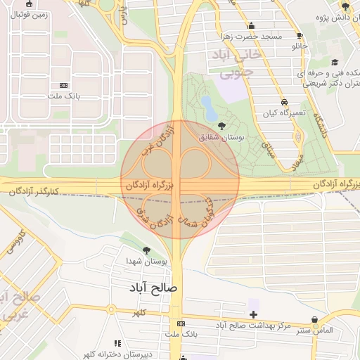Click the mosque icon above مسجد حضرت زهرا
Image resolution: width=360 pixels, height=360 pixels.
pyautogui.click(x=251, y=27)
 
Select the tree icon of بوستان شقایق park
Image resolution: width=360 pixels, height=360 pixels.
pyautogui.click(x=223, y=126)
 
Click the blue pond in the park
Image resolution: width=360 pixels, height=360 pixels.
pyautogui.click(x=209, y=108)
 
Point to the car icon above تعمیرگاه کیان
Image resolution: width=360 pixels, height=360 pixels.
pyautogui.click(x=284, y=101)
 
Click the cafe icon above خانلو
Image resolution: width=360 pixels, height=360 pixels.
pyautogui.click(x=300, y=35)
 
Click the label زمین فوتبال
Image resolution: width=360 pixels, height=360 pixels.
pyautogui.click(x=29, y=13)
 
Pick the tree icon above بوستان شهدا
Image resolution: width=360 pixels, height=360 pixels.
pyautogui.click(x=146, y=250)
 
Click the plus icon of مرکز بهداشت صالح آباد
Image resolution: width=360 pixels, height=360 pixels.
pyautogui.click(x=253, y=313)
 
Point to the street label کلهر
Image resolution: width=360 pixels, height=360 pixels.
pyautogui.click(x=141, y=311)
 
